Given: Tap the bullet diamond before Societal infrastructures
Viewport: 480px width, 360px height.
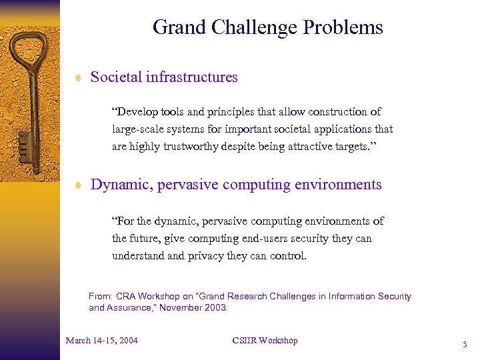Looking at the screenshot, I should click(x=77, y=78).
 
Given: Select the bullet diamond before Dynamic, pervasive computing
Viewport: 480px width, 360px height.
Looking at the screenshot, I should click(x=77, y=185).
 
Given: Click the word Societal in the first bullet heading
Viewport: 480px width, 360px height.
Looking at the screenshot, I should click(x=114, y=77).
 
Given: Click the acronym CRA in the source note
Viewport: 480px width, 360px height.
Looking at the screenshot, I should click(x=125, y=296).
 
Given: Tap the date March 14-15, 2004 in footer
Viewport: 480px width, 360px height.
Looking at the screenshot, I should click(x=102, y=341).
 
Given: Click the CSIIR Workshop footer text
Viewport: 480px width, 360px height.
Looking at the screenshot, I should click(x=265, y=341).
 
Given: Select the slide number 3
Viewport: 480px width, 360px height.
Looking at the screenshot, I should click(x=464, y=345).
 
